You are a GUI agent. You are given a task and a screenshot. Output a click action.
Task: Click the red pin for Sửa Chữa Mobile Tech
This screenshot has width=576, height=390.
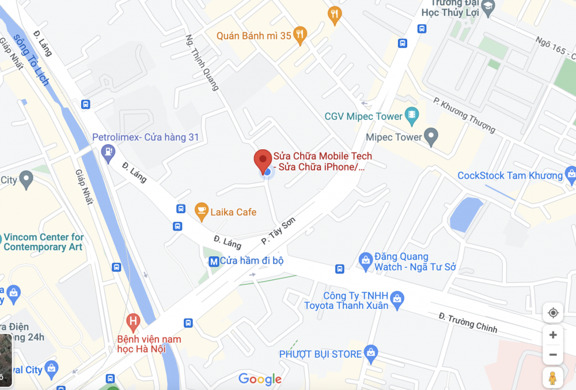(x=263, y=160)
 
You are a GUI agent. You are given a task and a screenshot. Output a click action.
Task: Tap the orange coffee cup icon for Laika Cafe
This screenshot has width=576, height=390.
(x=201, y=211)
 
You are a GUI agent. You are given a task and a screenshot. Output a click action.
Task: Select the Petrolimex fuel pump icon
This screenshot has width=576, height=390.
(x=107, y=152)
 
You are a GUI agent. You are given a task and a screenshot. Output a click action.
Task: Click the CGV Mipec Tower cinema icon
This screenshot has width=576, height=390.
(x=411, y=116)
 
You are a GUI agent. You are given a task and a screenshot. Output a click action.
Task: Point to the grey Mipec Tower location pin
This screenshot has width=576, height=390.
(x=431, y=137)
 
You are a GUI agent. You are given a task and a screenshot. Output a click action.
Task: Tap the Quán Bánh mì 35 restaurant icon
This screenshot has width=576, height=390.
(x=299, y=35)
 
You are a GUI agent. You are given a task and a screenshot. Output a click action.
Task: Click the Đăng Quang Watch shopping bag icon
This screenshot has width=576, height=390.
(x=365, y=261)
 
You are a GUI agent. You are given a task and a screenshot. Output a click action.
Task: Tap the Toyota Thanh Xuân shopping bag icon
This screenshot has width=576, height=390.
(x=397, y=299)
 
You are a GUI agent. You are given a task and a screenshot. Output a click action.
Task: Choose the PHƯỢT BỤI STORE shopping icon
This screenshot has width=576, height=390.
(x=372, y=353)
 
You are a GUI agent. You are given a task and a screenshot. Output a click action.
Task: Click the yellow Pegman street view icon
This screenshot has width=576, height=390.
(x=552, y=378)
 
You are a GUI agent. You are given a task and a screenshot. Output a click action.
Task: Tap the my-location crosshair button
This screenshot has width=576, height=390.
(x=553, y=313)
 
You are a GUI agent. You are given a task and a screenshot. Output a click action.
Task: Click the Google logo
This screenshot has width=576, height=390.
(x=260, y=378)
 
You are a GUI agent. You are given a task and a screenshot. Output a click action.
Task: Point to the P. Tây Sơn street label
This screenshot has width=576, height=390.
(x=282, y=230)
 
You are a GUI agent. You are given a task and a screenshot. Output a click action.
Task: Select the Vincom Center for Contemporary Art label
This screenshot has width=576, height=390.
(x=43, y=242)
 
